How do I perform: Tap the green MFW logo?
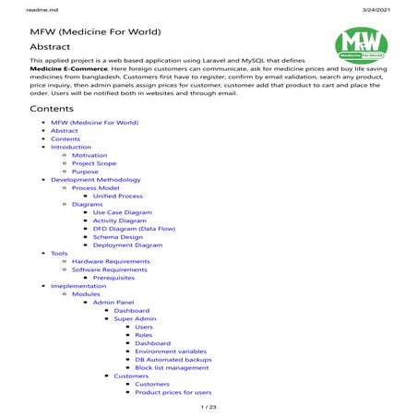(361, 42)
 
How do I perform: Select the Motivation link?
(89, 155)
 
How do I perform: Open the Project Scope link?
(93, 163)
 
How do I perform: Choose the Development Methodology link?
(95, 180)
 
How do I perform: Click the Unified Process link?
(118, 196)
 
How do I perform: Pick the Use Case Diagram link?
(123, 212)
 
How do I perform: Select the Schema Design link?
(118, 237)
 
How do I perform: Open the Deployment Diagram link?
(127, 245)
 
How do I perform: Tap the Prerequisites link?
(113, 278)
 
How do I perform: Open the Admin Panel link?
(113, 302)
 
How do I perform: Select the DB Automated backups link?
(173, 359)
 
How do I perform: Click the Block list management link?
(172, 367)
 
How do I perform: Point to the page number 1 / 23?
(208, 407)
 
